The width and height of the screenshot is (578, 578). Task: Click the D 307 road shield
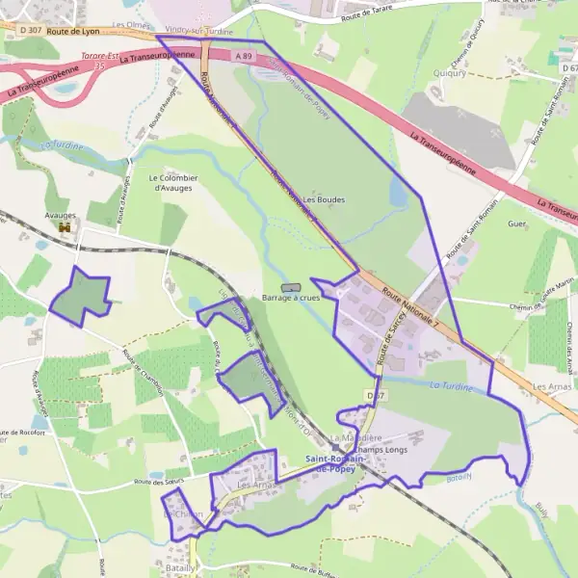pos(28,31)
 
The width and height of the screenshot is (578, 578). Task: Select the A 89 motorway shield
pos(244,57)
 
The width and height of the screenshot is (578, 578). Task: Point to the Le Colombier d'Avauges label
pos(173,183)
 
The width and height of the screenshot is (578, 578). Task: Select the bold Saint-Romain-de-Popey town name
pos(334,463)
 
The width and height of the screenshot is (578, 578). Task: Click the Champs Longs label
pos(380,450)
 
